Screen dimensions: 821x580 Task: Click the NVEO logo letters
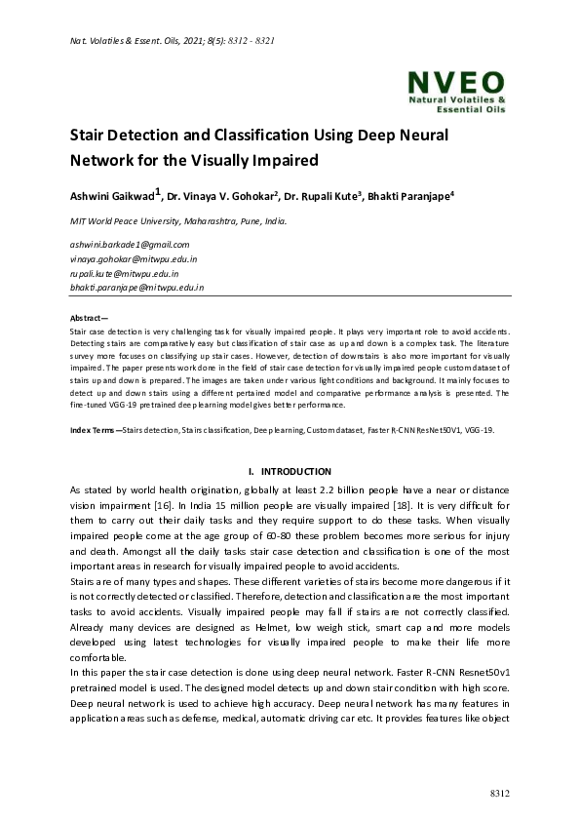(x=455, y=81)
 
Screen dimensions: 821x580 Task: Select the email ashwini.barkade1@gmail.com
(x=130, y=245)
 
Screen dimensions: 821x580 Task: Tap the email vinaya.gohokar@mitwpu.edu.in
(x=134, y=259)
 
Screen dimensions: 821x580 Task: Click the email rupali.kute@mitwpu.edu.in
(x=124, y=274)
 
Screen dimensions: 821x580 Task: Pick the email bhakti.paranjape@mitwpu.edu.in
(x=136, y=289)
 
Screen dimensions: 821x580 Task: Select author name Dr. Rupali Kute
(x=321, y=196)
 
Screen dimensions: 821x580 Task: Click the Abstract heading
(x=90, y=319)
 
